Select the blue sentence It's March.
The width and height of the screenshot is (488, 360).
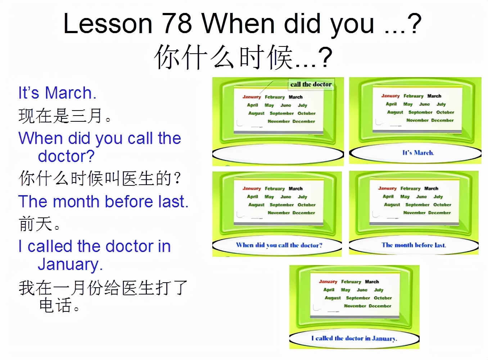click(57, 93)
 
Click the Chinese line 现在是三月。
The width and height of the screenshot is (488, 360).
click(65, 116)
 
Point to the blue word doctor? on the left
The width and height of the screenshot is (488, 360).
click(66, 156)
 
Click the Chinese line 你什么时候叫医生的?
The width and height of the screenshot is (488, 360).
click(100, 179)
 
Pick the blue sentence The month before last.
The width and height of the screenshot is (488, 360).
click(103, 202)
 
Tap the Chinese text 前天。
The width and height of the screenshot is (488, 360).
click(40, 224)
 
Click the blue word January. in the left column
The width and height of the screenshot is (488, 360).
click(70, 264)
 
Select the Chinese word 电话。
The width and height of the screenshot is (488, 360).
click(59, 306)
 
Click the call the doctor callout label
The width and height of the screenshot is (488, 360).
click(311, 84)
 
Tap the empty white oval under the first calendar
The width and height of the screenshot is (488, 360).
click(278, 154)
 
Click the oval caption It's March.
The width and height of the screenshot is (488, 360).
click(418, 153)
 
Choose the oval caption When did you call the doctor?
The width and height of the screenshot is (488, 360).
click(279, 245)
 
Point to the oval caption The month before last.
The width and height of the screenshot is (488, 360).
click(414, 245)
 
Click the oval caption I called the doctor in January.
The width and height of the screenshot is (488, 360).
click(354, 338)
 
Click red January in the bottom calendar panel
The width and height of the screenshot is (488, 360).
click(328, 282)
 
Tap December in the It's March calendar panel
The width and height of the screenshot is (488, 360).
click(442, 120)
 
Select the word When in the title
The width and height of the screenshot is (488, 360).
click(238, 24)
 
